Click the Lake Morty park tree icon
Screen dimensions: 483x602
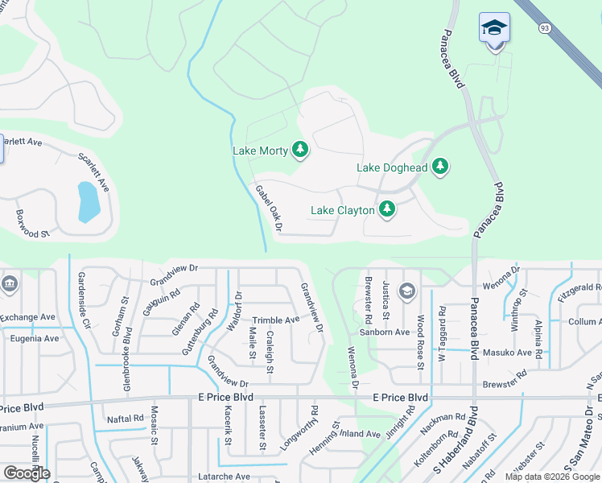click(300, 149)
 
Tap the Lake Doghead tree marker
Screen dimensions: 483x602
click(439, 167)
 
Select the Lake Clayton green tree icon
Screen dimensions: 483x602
click(387, 209)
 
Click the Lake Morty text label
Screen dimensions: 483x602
click(260, 151)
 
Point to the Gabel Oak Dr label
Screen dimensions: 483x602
click(269, 208)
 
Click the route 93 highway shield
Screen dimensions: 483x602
click(545, 28)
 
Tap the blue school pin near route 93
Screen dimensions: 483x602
click(494, 28)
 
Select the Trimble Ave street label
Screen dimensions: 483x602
click(276, 320)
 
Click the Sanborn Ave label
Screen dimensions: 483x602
click(385, 332)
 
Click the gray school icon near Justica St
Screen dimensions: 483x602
click(407, 291)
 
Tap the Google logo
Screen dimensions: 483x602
click(27, 473)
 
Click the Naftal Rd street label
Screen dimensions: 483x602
click(125, 419)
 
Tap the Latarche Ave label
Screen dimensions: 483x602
click(223, 477)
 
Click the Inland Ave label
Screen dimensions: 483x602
click(355, 433)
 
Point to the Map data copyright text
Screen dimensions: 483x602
click(551, 477)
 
